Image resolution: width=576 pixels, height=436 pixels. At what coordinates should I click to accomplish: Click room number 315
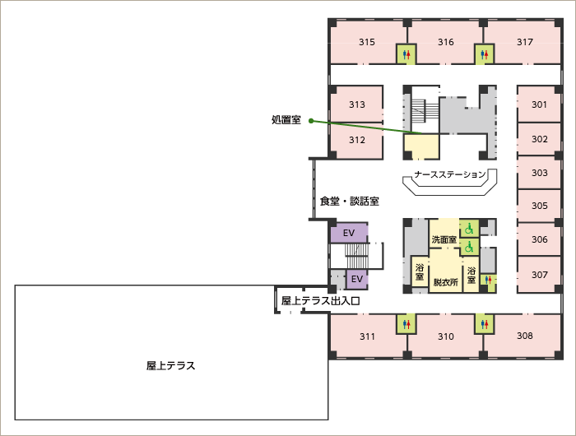coord(367,42)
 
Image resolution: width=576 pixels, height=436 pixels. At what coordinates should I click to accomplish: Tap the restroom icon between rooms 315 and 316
coord(406,54)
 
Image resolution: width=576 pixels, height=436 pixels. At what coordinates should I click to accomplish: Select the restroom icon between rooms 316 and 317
coord(484,54)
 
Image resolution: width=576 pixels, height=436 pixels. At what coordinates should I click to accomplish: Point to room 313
coord(356,104)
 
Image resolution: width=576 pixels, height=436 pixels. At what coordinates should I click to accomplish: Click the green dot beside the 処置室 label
coord(311,120)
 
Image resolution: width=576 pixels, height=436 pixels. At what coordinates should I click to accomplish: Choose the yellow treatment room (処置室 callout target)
coord(421,146)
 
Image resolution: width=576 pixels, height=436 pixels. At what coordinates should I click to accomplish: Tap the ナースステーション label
coord(450,174)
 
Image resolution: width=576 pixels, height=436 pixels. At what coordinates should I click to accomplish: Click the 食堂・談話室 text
coord(350,202)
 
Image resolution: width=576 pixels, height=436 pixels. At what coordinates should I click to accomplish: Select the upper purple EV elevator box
coord(349,233)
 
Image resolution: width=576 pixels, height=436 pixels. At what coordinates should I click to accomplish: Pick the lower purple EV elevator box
coord(356,279)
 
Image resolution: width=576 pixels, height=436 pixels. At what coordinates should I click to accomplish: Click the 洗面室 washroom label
coord(444,240)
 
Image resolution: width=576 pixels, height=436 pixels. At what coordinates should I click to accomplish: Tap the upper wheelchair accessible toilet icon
coord(469,229)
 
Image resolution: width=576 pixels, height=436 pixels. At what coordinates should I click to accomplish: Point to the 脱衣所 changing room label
coord(446,282)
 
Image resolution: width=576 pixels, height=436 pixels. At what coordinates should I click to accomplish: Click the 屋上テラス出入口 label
coord(320,301)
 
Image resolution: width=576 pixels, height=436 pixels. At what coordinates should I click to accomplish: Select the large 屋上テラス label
coord(171,366)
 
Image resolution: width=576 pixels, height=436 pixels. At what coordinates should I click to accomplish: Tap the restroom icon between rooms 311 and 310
coord(406,324)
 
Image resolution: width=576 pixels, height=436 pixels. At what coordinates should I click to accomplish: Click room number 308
coord(525,336)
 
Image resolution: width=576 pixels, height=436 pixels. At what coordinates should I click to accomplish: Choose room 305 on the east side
coord(539,206)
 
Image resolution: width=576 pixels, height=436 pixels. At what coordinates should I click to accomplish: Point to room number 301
coord(539,104)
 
